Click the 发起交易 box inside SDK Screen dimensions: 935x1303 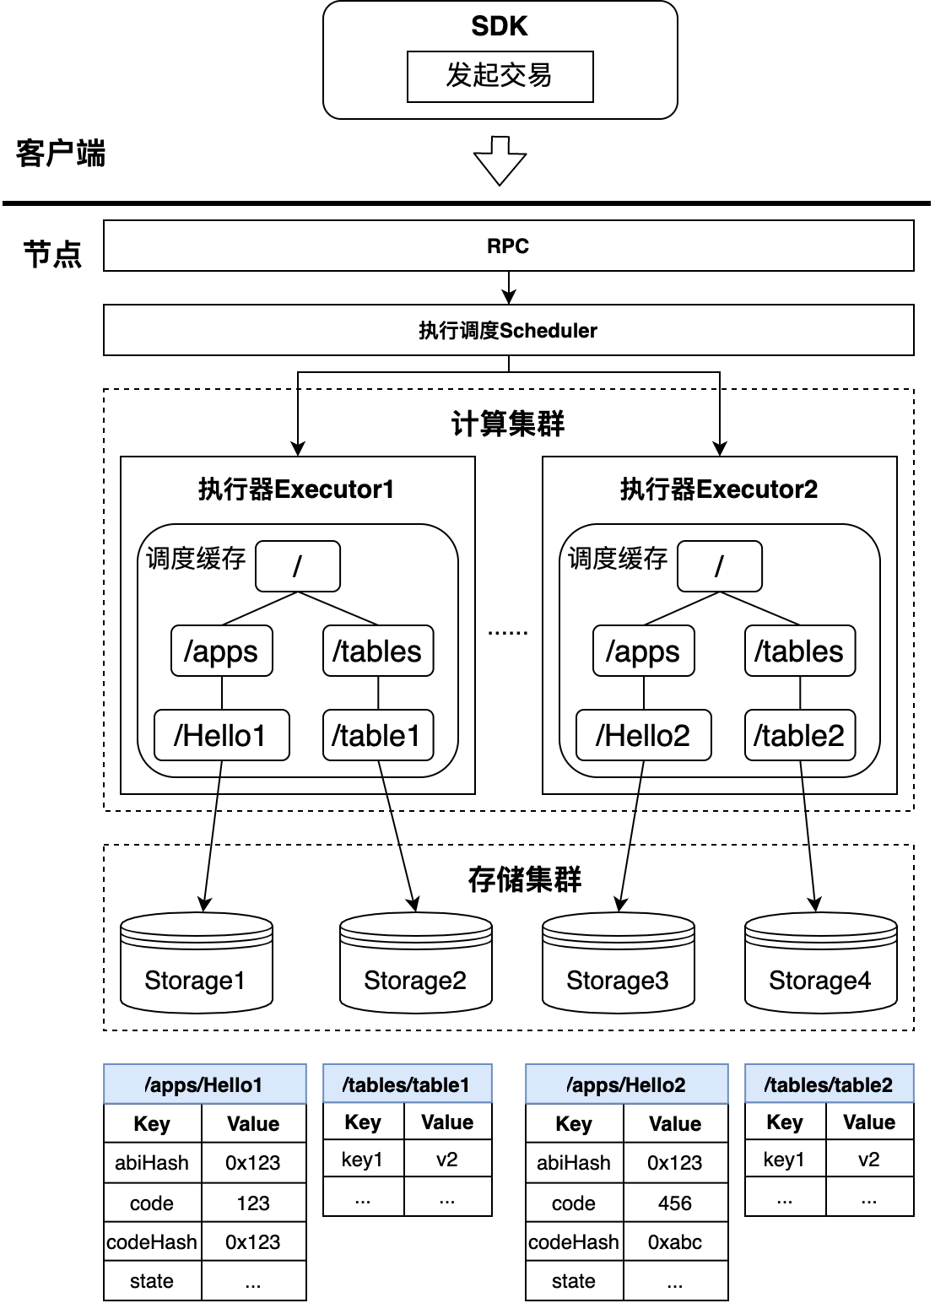coord(500,77)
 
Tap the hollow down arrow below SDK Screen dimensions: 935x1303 coord(500,161)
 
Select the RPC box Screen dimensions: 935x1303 coord(509,246)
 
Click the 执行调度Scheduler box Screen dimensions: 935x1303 coord(509,330)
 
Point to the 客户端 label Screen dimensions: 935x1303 coord(61,154)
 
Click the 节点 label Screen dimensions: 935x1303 coord(52,254)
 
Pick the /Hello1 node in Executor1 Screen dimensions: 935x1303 coord(222,735)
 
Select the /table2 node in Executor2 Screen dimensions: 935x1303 coord(800,735)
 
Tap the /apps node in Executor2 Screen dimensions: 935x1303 coord(644,651)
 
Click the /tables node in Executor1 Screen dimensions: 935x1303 coord(378,651)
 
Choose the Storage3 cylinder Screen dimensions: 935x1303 coord(619,962)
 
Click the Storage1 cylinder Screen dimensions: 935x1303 coord(196,962)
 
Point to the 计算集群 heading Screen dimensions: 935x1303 coord(508,424)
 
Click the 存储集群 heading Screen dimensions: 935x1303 coord(525,879)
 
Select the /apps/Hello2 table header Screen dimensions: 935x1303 coord(627,1084)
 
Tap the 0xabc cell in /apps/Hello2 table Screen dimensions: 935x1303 coord(675,1241)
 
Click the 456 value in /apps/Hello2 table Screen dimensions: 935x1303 coord(675,1203)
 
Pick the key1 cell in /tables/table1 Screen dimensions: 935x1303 coord(363,1159)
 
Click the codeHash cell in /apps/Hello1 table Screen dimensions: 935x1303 coord(153,1241)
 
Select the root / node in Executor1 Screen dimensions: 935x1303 coord(298,566)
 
